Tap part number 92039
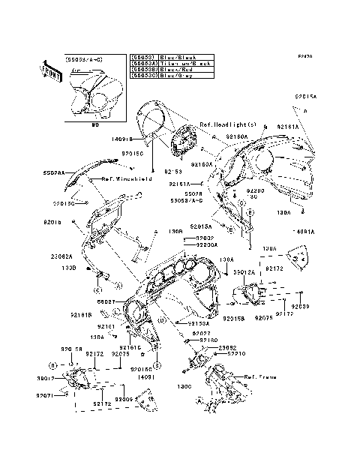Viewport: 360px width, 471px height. click(300, 306)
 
